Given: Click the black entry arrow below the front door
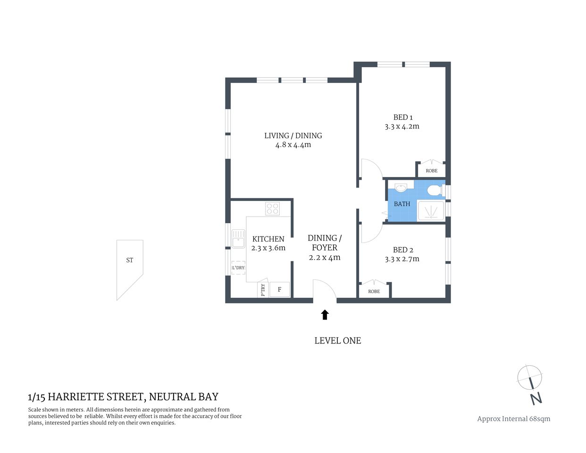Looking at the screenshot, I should [325, 315].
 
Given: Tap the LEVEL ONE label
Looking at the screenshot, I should [337, 341].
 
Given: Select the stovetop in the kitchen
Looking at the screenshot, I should [272, 209].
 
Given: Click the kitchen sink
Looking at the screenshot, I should [238, 238].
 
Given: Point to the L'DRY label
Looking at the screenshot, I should [238, 268].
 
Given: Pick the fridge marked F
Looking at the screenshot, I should [279, 289].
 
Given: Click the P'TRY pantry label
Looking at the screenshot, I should [263, 290].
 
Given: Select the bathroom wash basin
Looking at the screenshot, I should [401, 188].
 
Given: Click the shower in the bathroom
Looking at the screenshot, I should [431, 211].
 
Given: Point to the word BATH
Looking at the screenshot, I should [402, 204].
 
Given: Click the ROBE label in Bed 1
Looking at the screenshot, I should [431, 171].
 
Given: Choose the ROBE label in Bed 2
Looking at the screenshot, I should [374, 292].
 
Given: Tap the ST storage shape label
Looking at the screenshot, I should [129, 260].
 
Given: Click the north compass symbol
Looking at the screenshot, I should [530, 383].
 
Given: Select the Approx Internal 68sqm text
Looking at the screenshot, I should [513, 419].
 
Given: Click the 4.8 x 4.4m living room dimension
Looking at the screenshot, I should [293, 145].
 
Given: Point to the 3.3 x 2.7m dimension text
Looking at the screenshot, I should [402, 259].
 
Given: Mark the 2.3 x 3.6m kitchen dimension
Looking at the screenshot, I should [268, 248].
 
